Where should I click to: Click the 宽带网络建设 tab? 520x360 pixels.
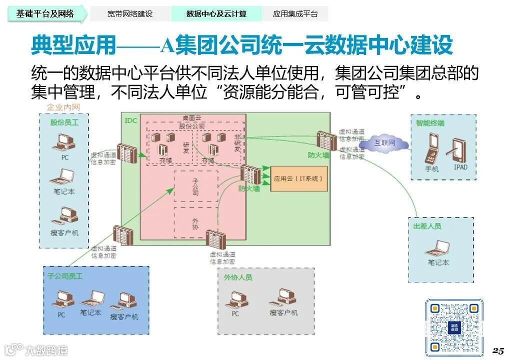129,14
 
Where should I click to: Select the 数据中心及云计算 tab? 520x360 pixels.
216,14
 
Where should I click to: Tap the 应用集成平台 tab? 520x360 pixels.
295,14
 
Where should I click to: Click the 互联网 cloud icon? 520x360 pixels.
384,144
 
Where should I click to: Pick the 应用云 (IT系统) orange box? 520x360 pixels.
299,178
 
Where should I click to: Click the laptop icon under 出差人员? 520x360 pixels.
438,248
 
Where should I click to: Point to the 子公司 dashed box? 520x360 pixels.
195,186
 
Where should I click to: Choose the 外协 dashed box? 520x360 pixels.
195,222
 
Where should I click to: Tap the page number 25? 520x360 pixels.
498,350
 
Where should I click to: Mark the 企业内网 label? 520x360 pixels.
63,107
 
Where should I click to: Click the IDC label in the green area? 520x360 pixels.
130,120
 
